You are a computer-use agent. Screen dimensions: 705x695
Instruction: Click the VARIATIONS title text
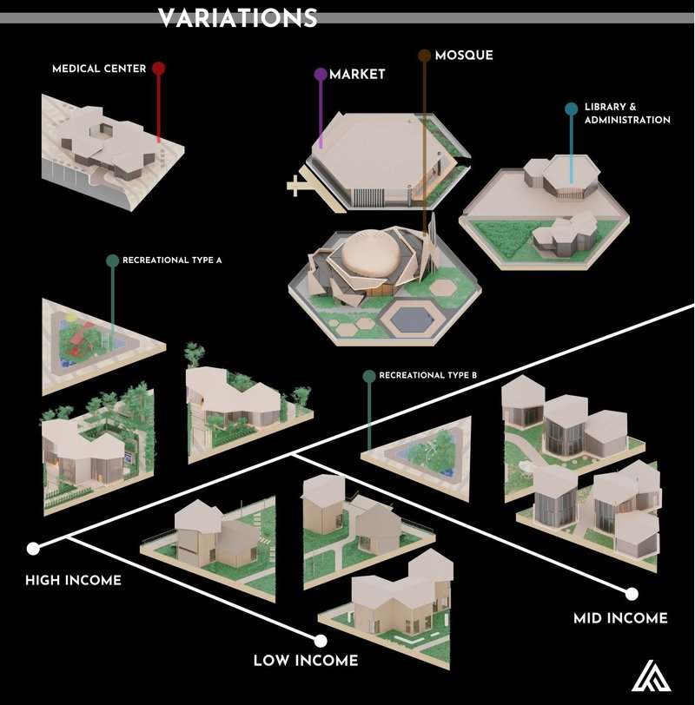[x=237, y=18]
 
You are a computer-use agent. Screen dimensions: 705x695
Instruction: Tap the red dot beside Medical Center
[x=158, y=69]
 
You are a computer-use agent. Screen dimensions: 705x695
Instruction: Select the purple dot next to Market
[x=320, y=76]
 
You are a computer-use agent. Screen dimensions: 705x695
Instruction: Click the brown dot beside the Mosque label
[x=425, y=56]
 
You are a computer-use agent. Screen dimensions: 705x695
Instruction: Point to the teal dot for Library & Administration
[x=571, y=109]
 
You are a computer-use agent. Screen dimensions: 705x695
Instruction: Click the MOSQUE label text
[x=464, y=56]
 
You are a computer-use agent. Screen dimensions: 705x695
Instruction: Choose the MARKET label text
[x=357, y=76]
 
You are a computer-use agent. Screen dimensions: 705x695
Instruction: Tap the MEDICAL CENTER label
[x=98, y=69]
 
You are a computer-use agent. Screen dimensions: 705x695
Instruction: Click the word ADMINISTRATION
[x=627, y=120]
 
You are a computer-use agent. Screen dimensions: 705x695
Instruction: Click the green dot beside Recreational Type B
[x=369, y=376]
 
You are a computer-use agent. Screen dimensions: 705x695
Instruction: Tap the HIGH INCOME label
[x=73, y=580]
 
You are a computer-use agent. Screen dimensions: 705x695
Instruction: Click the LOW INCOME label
[x=305, y=661]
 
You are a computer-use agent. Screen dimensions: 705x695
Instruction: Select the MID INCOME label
[x=620, y=618]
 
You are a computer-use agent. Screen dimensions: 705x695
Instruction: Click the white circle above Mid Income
[x=632, y=595]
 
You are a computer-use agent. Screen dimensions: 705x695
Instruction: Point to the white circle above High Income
[x=34, y=549]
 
